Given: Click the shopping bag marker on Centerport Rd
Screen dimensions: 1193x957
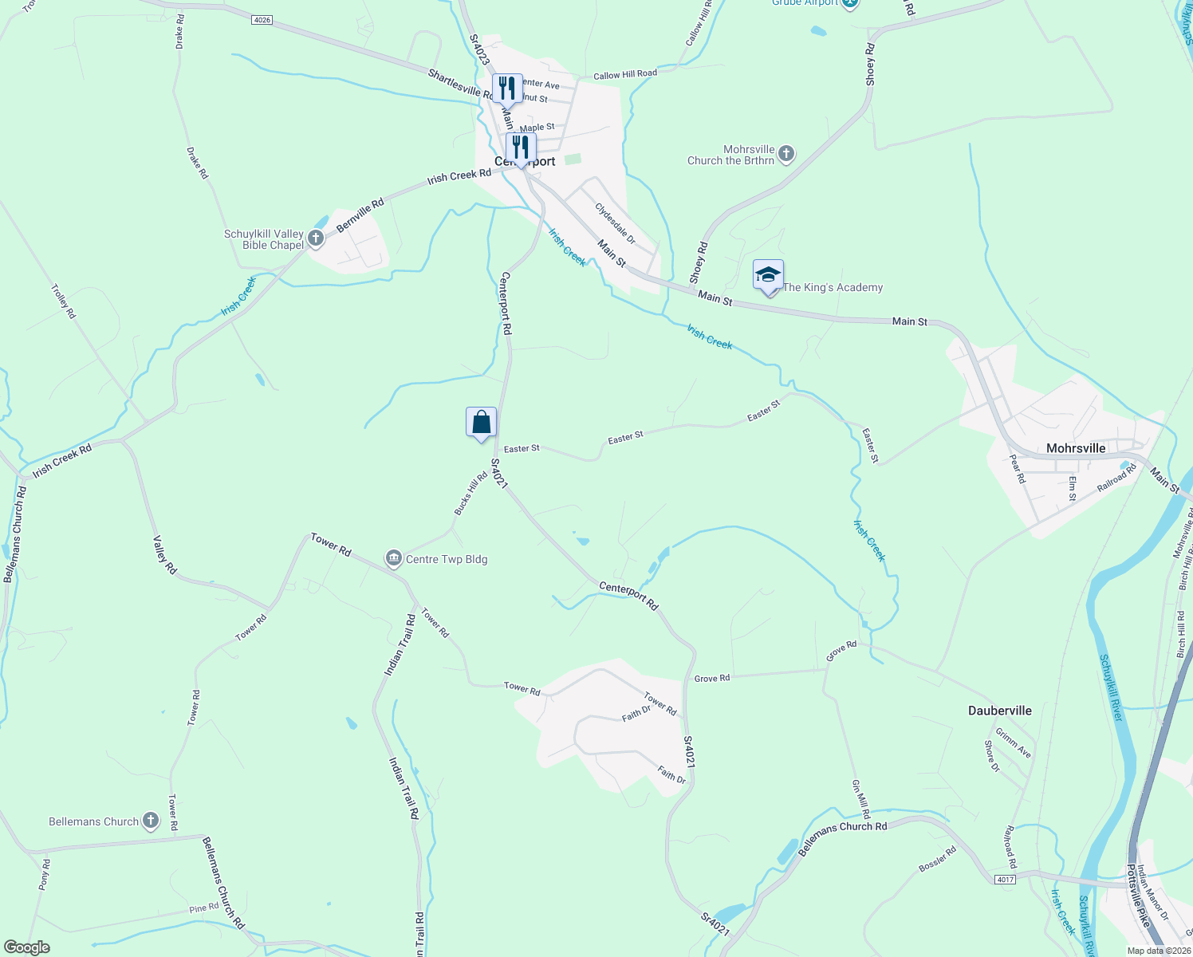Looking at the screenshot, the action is (x=481, y=423).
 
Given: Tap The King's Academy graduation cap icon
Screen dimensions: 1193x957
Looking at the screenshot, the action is (x=768, y=276).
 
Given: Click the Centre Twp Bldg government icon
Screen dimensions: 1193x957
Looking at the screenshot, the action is (x=393, y=559).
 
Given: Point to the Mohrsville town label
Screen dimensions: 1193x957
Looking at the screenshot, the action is (x=1076, y=448).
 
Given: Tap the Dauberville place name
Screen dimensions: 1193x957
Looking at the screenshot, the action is (x=999, y=711).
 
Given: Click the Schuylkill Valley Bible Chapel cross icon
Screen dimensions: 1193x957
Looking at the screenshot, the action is (x=316, y=238).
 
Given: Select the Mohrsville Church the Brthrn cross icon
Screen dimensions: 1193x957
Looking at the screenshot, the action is (x=786, y=154).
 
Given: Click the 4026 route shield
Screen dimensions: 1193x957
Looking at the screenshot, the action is (x=262, y=20).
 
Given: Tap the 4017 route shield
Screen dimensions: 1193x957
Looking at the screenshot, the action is (x=1005, y=879).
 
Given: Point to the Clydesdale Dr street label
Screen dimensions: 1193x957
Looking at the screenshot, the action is (x=616, y=223).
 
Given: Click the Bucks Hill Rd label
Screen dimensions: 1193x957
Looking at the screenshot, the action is (x=471, y=494).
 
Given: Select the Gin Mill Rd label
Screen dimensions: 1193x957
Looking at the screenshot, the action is (x=861, y=799).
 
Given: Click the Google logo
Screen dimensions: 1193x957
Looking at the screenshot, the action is (x=27, y=947).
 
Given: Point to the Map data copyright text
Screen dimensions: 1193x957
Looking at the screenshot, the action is (x=1158, y=951).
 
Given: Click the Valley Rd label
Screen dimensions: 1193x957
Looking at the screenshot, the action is (x=164, y=555).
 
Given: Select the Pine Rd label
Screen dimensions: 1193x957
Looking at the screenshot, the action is (x=204, y=908).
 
